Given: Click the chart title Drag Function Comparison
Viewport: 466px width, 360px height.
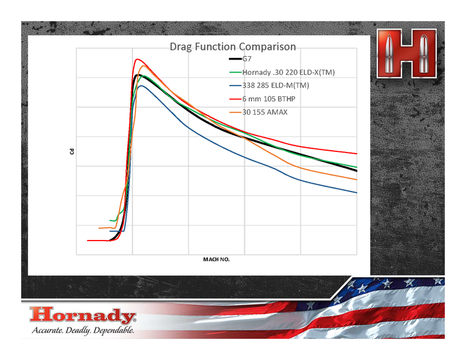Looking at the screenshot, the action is tap(232, 47).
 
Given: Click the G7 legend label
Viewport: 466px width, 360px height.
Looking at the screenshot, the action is tap(247, 59).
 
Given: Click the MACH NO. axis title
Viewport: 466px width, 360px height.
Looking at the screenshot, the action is tap(216, 260).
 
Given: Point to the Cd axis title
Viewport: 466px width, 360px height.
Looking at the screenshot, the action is tap(72, 151).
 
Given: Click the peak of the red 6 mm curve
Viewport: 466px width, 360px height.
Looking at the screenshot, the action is tap(137, 59).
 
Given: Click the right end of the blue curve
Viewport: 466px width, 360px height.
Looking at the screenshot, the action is tap(357, 193).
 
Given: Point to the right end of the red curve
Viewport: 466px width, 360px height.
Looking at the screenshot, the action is tap(357, 154).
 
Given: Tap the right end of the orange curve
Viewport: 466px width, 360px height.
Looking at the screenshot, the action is tap(357, 180).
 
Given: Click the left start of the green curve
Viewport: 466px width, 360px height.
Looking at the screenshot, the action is tap(110, 220).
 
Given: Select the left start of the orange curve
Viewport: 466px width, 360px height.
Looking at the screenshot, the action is tap(99, 228).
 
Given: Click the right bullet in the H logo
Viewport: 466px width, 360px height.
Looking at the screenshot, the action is tap(423, 53).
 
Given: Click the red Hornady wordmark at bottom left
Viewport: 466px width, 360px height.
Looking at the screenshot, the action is tap(83, 315).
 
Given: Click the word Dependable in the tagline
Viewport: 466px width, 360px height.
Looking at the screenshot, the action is tap(114, 330).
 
